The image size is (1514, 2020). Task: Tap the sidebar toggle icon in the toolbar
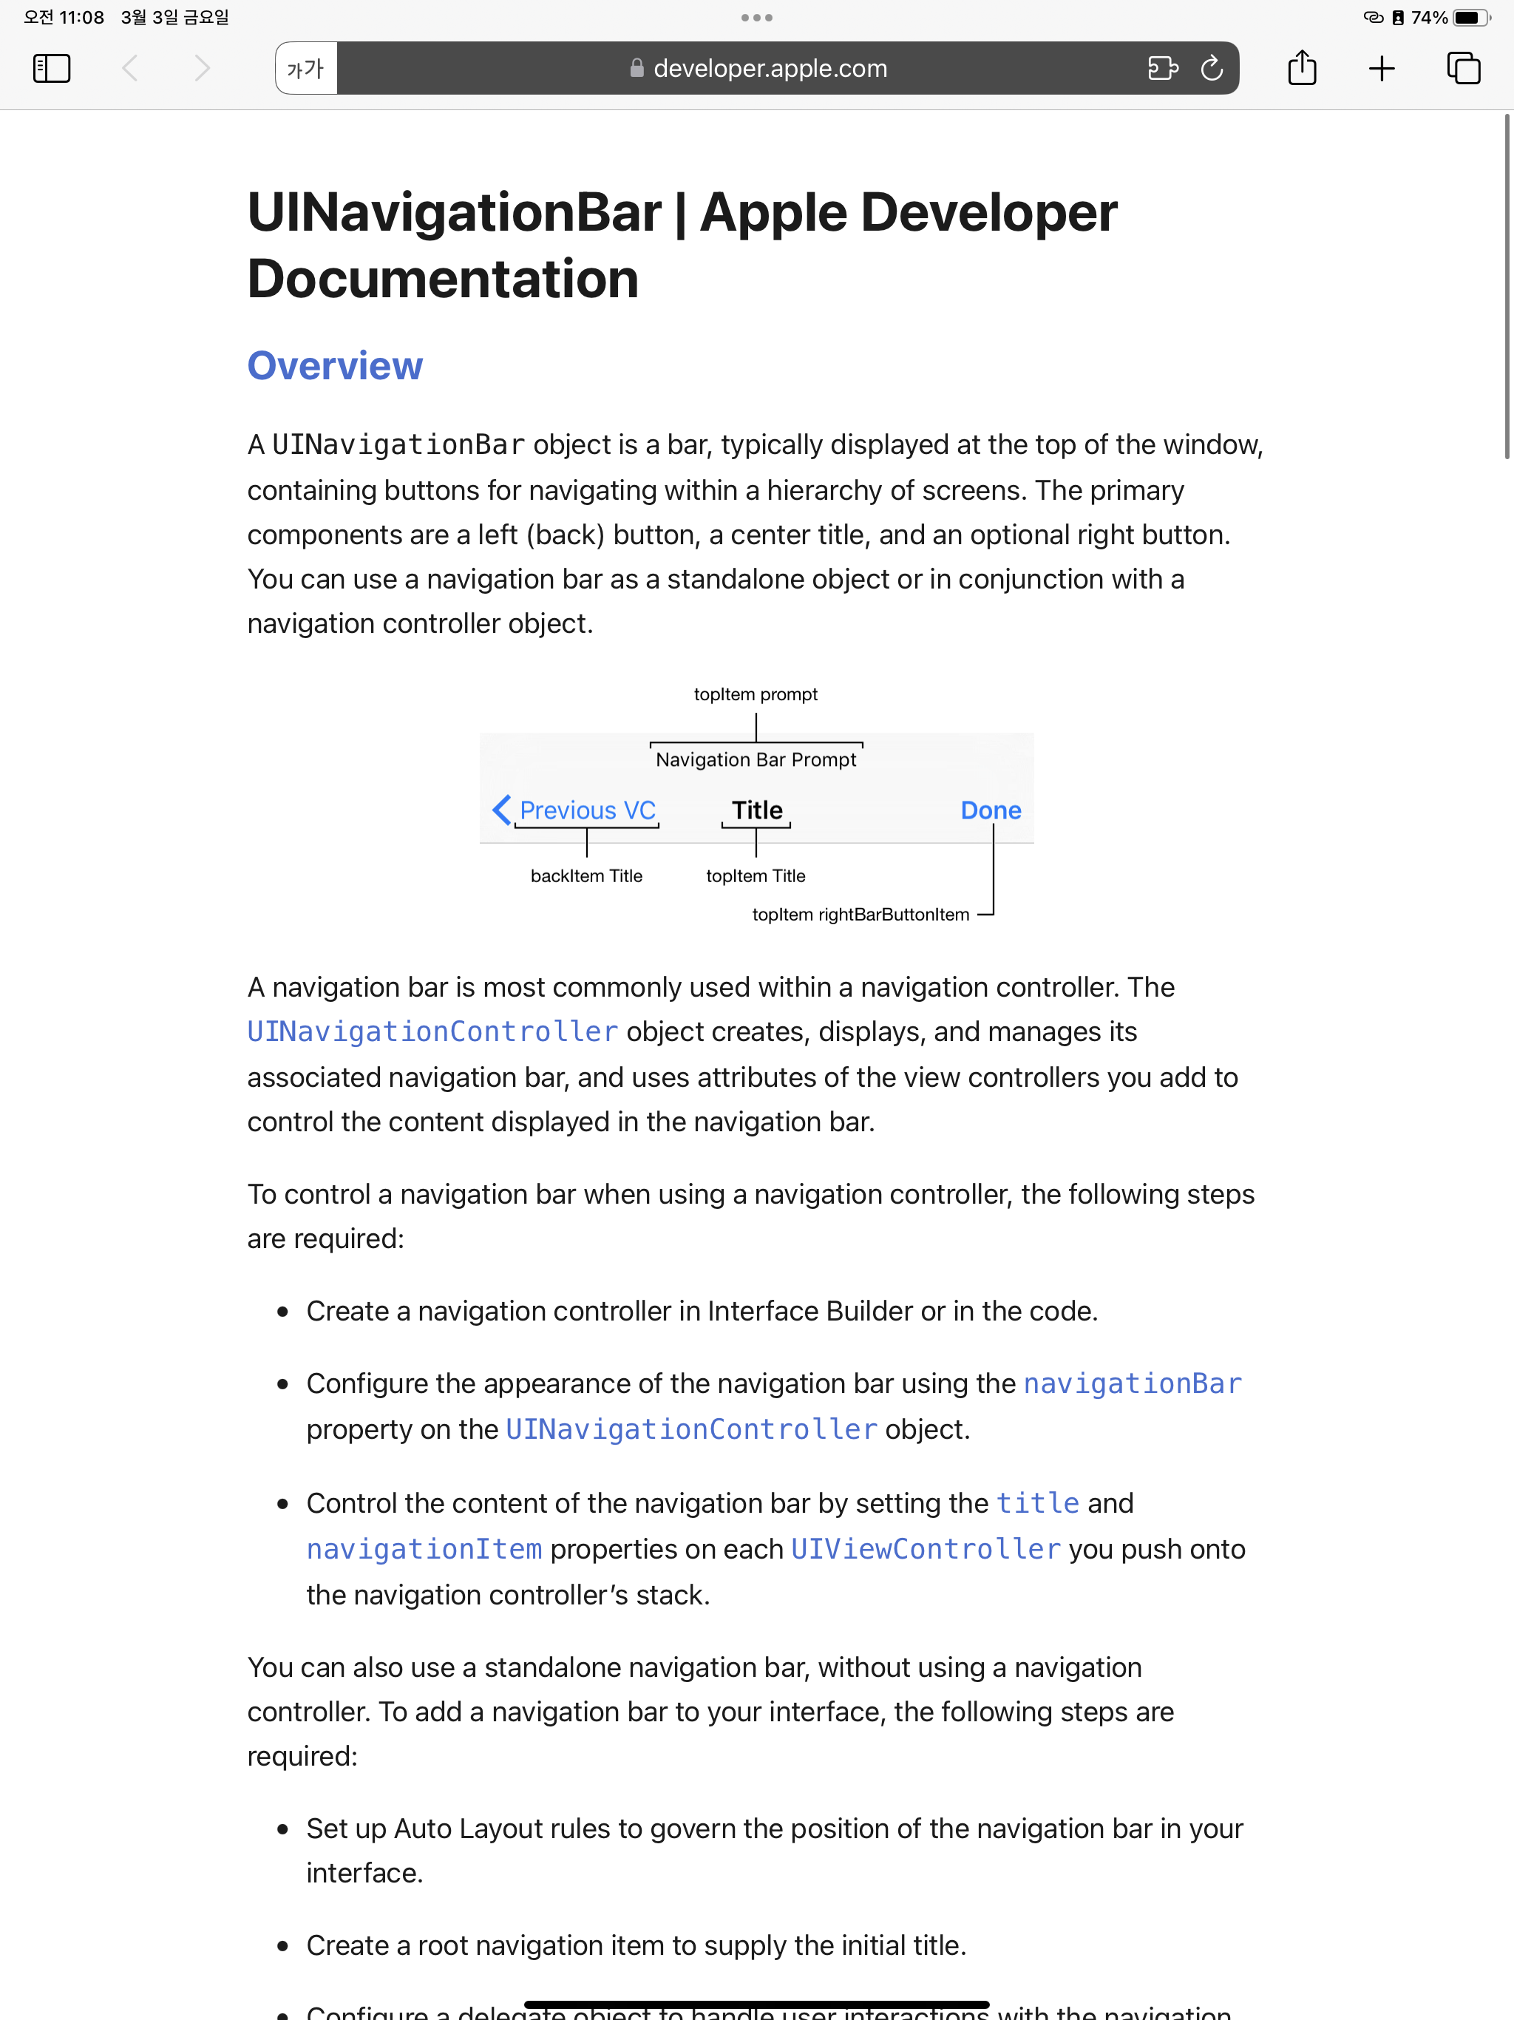[x=52, y=69]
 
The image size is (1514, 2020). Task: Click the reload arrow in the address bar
[x=1211, y=69]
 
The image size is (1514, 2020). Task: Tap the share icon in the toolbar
[x=1301, y=69]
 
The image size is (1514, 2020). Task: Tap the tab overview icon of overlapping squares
[x=1463, y=69]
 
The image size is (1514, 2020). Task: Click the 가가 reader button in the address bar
[x=306, y=69]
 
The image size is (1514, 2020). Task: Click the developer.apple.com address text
[x=770, y=69]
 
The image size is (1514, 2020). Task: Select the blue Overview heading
[x=335, y=366]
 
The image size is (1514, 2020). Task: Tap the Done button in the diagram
[x=991, y=811]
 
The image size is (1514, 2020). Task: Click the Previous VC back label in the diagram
[x=586, y=811]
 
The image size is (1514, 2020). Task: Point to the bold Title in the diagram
[x=757, y=811]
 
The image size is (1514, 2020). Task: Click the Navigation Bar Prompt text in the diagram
[x=756, y=760]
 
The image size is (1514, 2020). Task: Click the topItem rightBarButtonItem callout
[x=860, y=915]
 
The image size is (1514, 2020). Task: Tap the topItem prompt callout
[x=756, y=695]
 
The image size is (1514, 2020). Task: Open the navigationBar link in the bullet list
[x=1133, y=1384]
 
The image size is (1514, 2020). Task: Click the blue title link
[x=1037, y=1504]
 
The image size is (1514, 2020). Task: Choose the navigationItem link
[x=424, y=1550]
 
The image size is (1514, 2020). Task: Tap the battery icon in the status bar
[x=1471, y=17]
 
